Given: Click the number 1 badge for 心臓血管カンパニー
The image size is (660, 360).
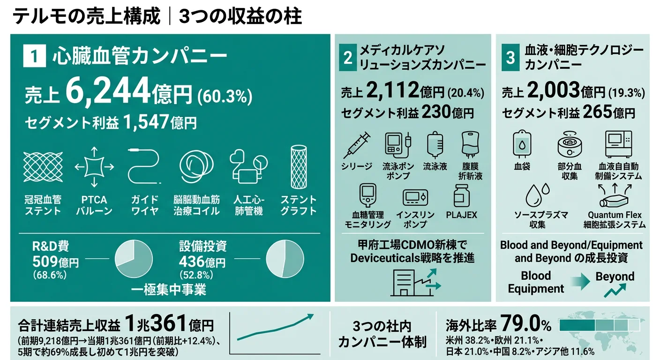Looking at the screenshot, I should pos(34,57).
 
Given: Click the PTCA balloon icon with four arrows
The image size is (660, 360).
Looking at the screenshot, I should pos(94,167).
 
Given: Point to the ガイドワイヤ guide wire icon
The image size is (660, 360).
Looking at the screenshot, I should pos(144,167).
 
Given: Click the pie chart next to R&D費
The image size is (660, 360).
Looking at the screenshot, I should pos(134,259).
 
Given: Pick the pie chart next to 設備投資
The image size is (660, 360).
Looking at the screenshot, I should pos(285,259).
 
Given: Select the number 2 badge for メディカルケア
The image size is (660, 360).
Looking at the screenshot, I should pos(347,58).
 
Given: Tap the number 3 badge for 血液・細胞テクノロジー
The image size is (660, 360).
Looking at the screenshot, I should pos(510,58).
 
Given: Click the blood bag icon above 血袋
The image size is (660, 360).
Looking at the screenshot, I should pos(522,143).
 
